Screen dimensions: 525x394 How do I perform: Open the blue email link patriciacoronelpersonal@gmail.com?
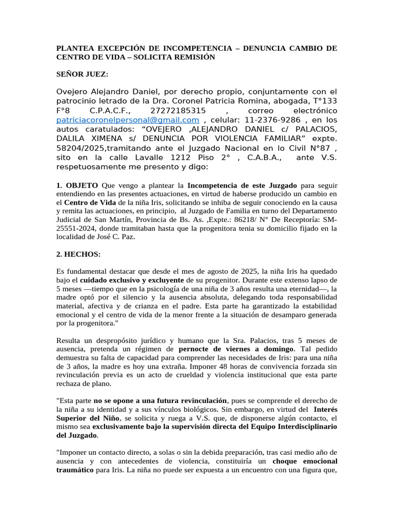pos(127,120)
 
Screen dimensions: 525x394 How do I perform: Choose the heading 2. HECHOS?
pos(78,254)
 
